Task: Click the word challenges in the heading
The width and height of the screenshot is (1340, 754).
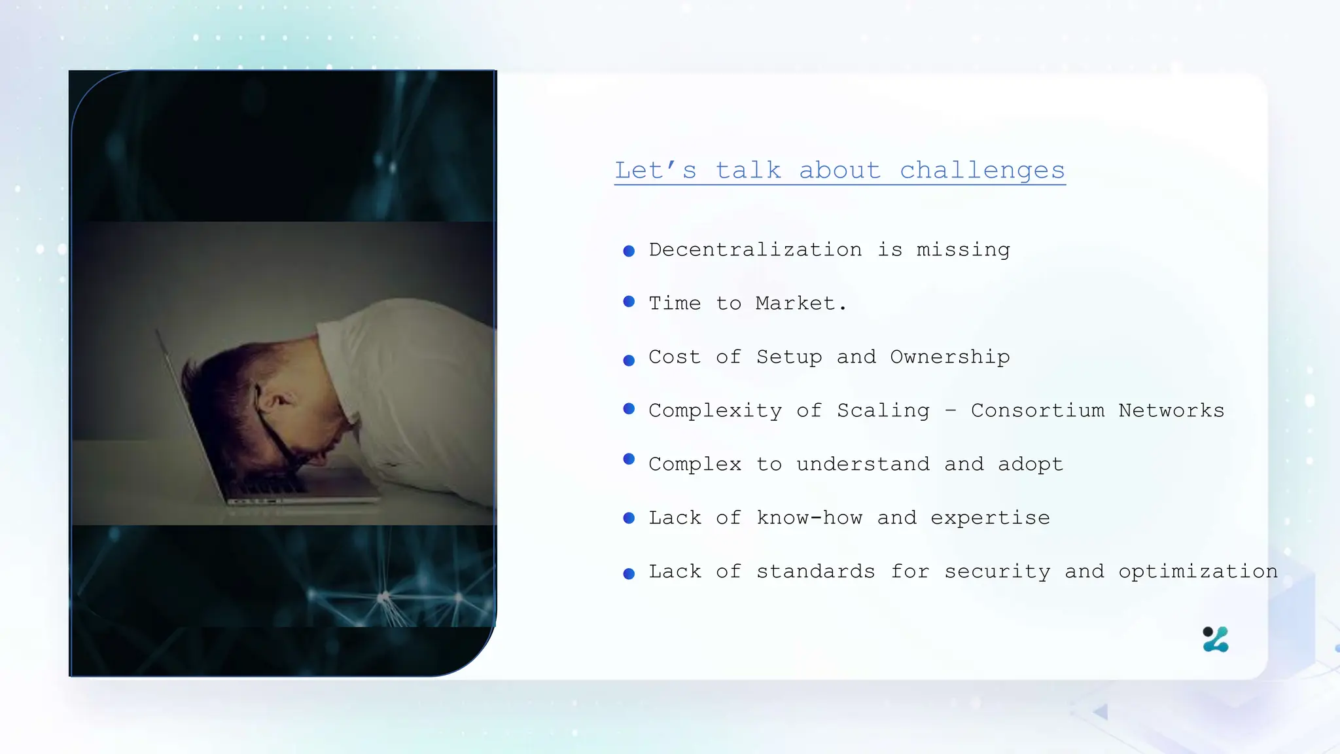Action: (x=982, y=170)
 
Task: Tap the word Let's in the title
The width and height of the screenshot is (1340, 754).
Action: (x=656, y=170)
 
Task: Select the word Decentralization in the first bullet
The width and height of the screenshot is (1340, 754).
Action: (x=755, y=249)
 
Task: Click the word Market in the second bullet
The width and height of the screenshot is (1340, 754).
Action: (x=796, y=303)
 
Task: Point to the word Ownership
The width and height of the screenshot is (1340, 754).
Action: (x=949, y=357)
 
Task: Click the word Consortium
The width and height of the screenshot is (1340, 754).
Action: (x=1037, y=410)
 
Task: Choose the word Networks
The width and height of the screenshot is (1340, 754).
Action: (x=1171, y=410)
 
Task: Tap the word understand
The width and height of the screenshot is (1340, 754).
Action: (x=862, y=464)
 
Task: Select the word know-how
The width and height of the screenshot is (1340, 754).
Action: (x=809, y=518)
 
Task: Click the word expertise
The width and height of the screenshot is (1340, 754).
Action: (x=990, y=518)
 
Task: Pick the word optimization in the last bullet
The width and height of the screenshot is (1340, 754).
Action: (x=1197, y=571)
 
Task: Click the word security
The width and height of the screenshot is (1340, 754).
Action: (x=997, y=571)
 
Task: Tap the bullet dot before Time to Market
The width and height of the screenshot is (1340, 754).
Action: (x=629, y=302)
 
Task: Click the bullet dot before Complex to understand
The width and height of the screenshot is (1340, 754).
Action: (x=629, y=459)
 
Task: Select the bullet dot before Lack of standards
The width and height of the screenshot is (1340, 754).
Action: (x=629, y=574)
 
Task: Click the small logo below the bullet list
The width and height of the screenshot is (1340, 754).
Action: (x=1216, y=639)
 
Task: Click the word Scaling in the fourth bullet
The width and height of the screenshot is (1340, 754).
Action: (x=883, y=410)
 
